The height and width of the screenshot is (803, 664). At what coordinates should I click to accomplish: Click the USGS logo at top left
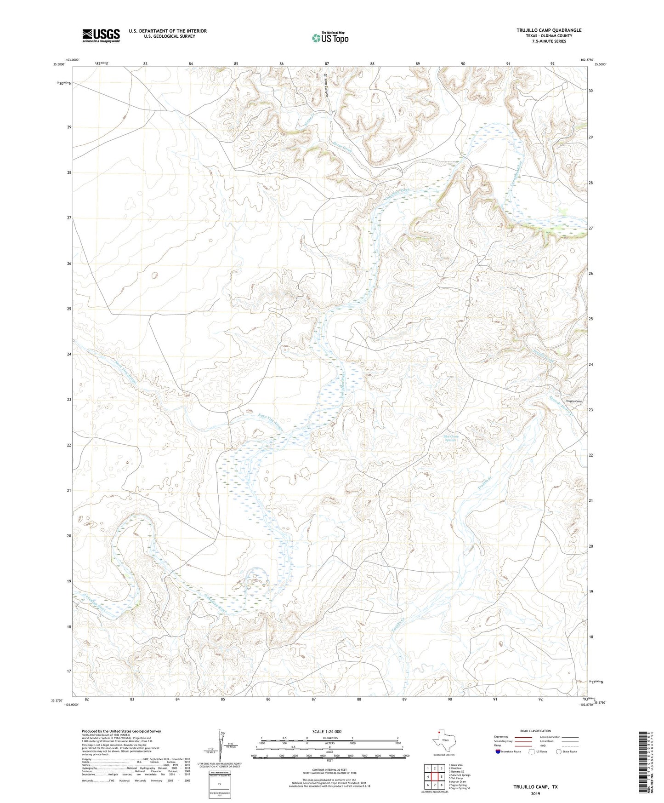tap(101, 35)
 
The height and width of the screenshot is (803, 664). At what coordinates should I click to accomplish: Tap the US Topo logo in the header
tap(330, 38)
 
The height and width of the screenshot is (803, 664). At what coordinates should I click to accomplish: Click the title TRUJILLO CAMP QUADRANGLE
tap(549, 30)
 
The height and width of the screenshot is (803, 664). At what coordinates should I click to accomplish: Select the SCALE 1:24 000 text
tap(327, 731)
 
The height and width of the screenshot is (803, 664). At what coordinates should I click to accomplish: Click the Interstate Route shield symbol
tap(498, 751)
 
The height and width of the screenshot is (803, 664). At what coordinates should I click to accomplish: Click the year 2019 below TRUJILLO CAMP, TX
tap(535, 793)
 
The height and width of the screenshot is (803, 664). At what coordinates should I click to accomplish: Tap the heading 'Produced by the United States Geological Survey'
tap(121, 731)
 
